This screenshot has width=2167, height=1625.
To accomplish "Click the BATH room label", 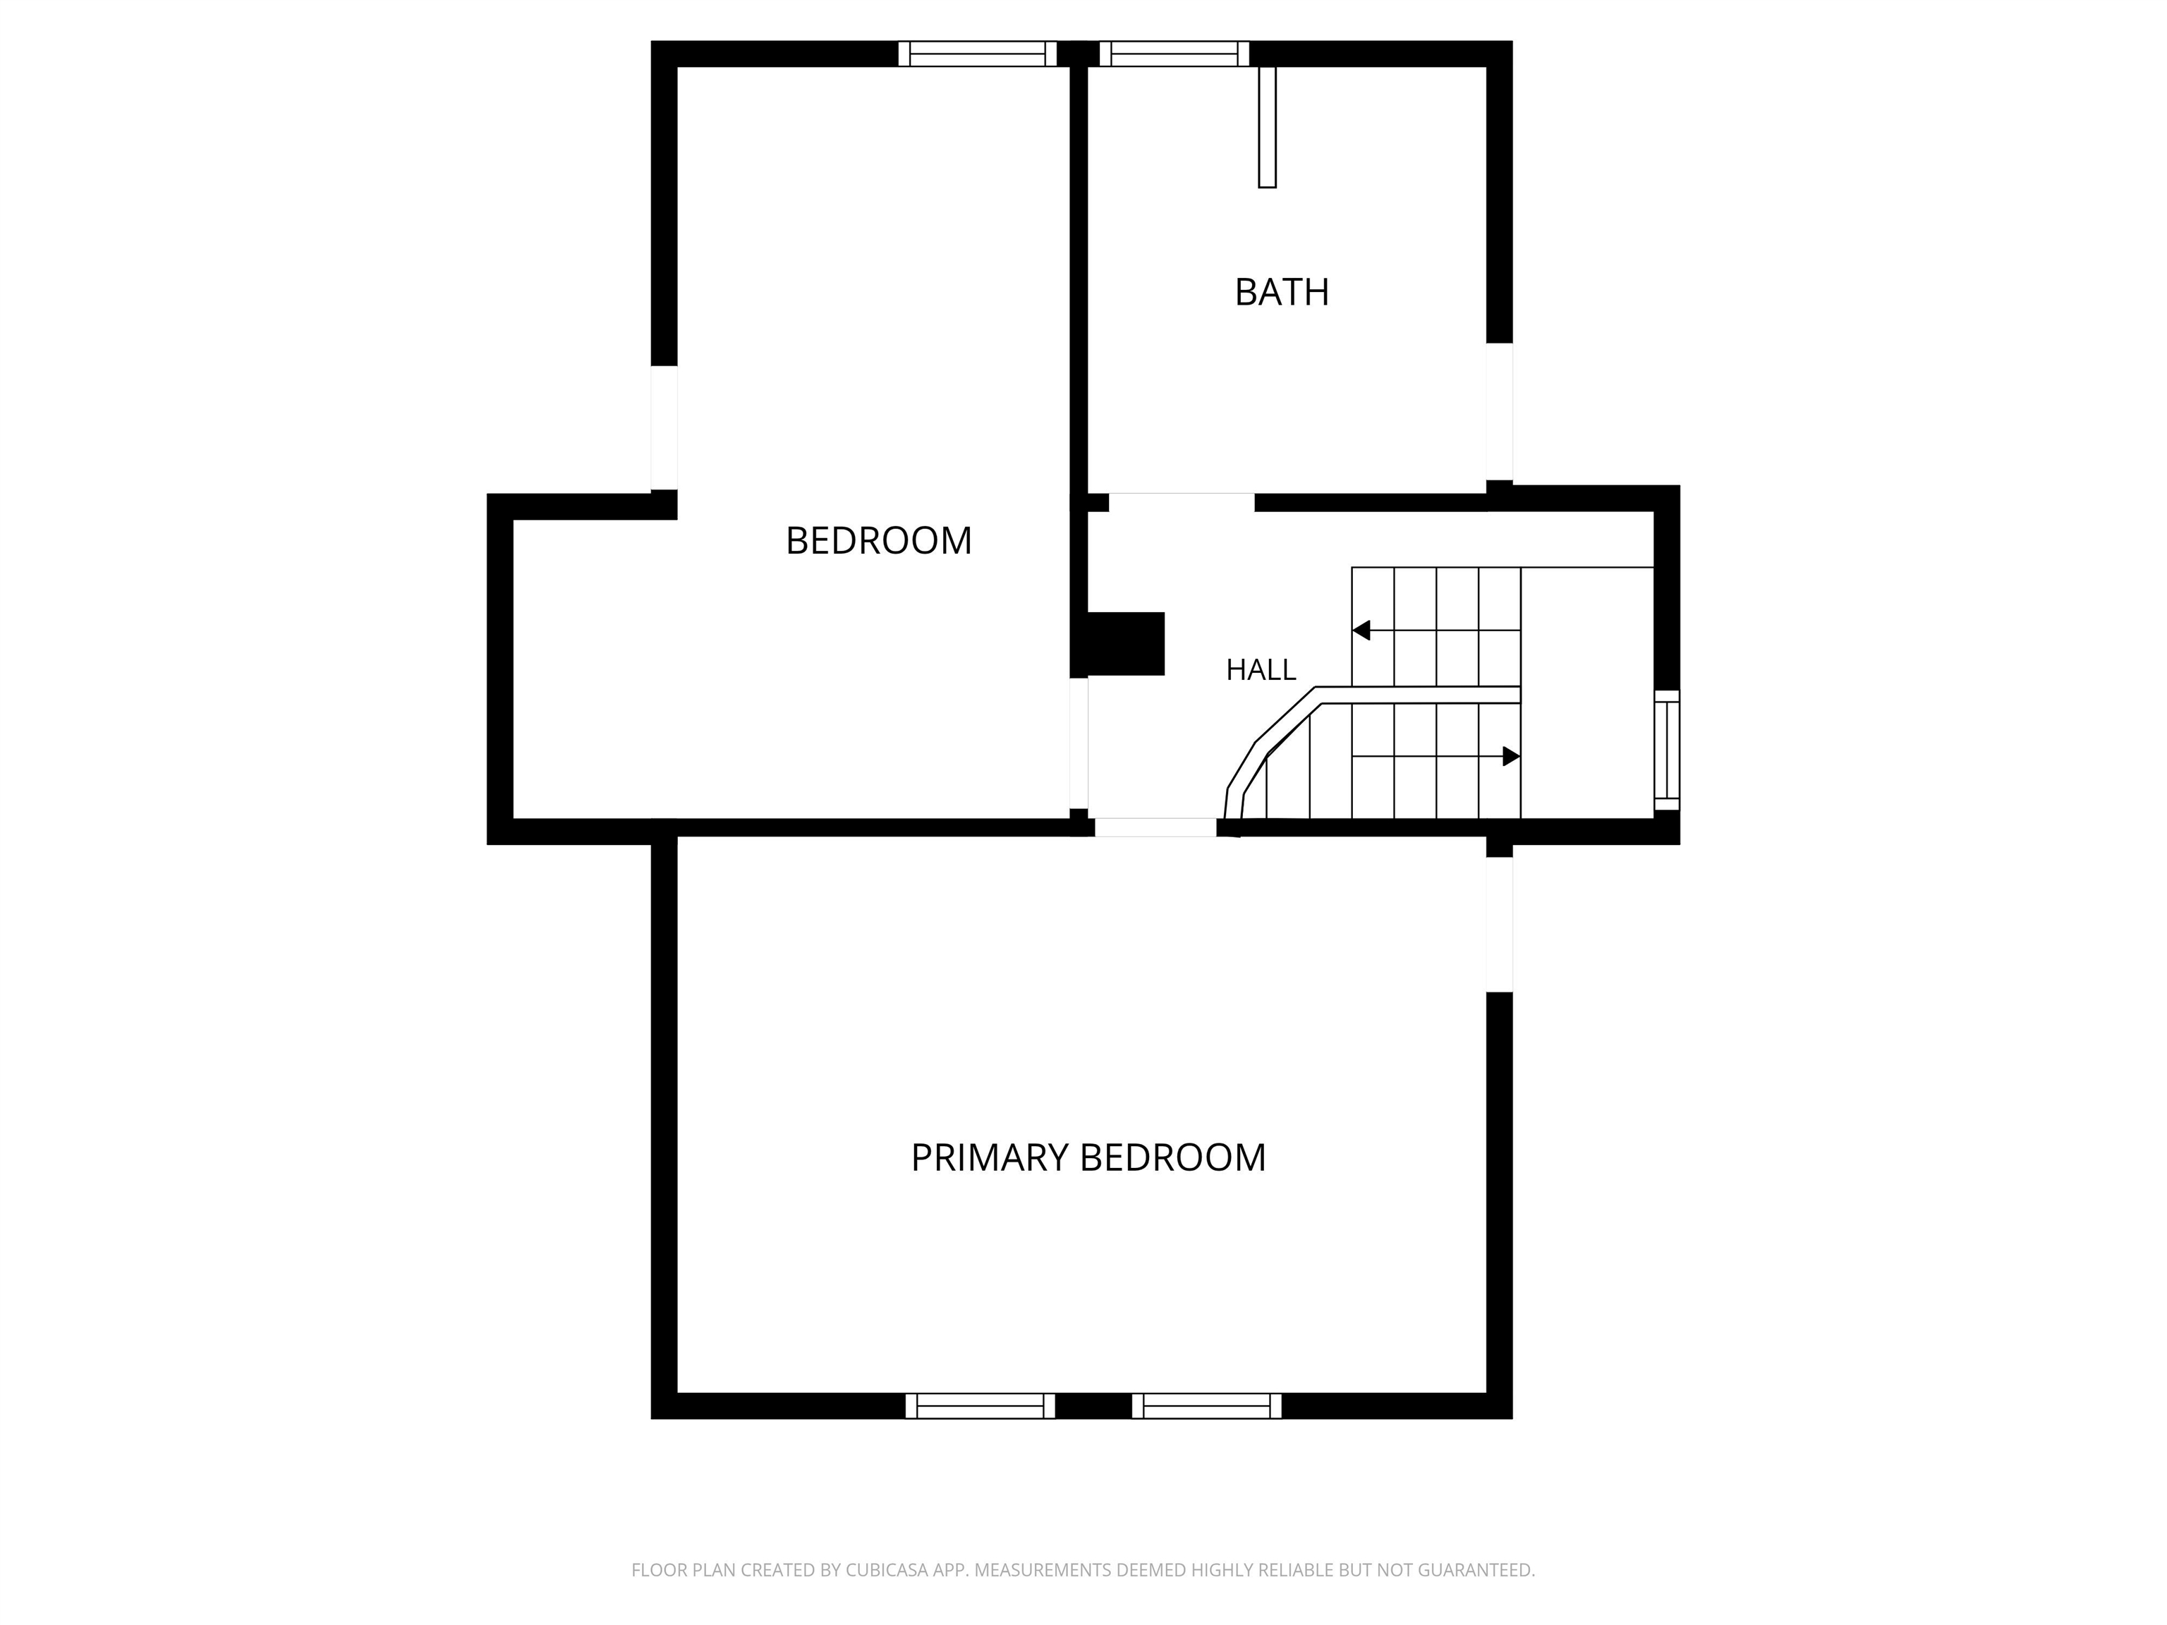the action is coord(1282,292).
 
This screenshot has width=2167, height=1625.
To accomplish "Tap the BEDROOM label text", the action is coord(879,541).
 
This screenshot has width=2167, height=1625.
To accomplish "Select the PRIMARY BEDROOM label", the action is coord(1088,1158).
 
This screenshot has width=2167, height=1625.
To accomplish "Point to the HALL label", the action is coord(1261,670).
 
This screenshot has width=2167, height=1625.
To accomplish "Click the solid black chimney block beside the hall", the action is coord(1126,643).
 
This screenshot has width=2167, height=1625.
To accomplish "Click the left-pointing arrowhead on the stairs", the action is coord(1361,631).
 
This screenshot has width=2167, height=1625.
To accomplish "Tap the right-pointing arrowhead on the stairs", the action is coord(1512,756).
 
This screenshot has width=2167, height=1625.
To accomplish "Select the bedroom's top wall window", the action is coord(978,54).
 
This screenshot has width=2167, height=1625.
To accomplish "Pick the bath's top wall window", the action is coord(1174,54).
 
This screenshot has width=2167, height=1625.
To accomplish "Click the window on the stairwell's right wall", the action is coord(1666,750).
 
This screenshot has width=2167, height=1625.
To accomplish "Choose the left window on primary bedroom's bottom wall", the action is coord(980,1406).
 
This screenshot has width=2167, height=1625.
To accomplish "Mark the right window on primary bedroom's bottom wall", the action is coord(1207,1406).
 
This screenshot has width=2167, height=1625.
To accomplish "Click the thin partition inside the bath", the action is coord(1268,126).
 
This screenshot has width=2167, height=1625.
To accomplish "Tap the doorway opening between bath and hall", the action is coord(1182,502).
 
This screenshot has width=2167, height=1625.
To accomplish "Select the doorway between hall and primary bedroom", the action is coord(1156,828).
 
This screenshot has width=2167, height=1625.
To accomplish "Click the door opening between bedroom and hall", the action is coord(1079,743).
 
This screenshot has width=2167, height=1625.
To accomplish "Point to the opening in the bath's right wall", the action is coord(1499,411).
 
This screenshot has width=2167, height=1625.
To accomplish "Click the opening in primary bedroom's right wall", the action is coord(1499,925).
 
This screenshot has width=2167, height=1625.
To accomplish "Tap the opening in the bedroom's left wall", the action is coord(664,428).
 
